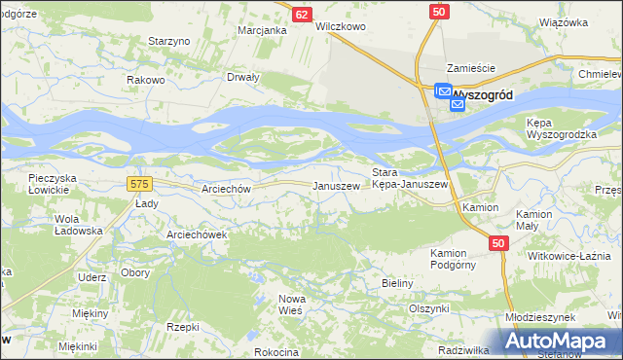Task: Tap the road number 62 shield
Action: pyautogui.click(x=302, y=14)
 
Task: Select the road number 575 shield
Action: pyautogui.click(x=138, y=182)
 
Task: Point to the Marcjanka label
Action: pyautogui.click(x=262, y=30)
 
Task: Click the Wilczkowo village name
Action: pyautogui.click(x=341, y=27)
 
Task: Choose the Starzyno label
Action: pyautogui.click(x=167, y=41)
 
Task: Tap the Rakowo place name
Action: pyautogui.click(x=145, y=79)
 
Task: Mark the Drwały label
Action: pyautogui.click(x=243, y=77)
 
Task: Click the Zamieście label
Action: pyautogui.click(x=471, y=68)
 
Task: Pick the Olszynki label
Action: pyautogui.click(x=429, y=307)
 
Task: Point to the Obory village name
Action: pyautogui.click(x=135, y=273)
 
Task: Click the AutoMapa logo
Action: pyautogui.click(x=560, y=340)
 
